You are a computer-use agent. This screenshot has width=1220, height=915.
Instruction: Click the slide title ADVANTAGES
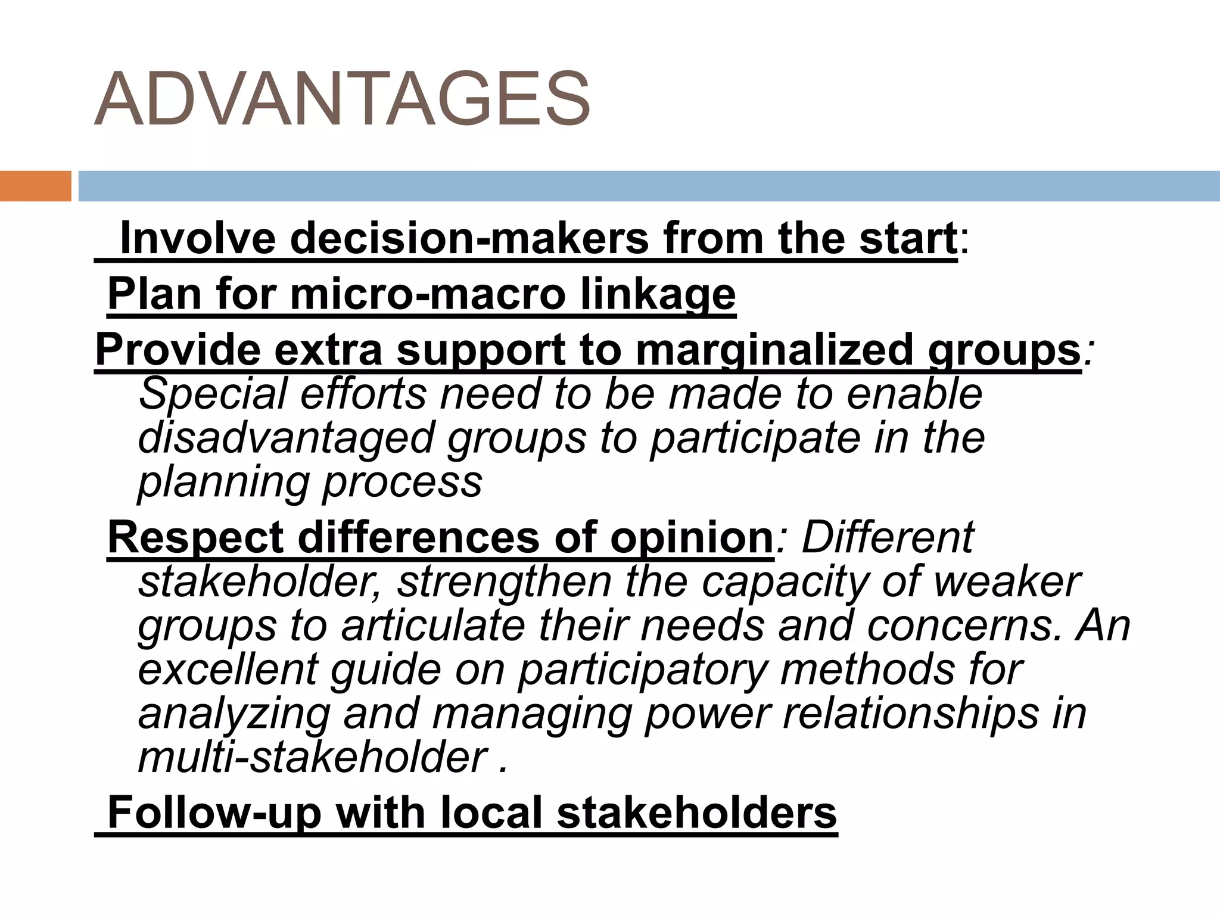[342, 99]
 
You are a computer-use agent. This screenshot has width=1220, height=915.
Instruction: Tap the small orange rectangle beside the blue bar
[35, 186]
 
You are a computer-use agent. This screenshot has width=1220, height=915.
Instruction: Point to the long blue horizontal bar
[648, 186]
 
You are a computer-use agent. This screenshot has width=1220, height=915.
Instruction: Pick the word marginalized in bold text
[774, 350]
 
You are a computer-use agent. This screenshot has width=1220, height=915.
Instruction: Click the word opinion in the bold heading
[691, 538]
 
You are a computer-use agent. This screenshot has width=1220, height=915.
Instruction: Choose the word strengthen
[505, 582]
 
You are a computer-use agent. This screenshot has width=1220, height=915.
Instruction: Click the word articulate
[433, 626]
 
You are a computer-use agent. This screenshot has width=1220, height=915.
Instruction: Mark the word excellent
[228, 670]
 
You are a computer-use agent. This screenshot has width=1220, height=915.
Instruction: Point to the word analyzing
[234, 714]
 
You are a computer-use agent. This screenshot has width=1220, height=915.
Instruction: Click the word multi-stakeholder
[313, 758]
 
